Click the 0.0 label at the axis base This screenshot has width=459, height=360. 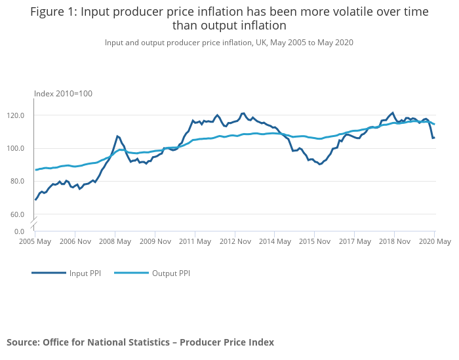pyautogui.click(x=19, y=231)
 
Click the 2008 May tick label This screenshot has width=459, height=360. pyautogui.click(x=115, y=241)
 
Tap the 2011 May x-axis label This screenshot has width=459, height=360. pyautogui.click(x=195, y=241)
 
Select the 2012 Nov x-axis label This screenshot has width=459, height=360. pyautogui.click(x=235, y=241)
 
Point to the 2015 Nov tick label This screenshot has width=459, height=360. pyautogui.click(x=314, y=241)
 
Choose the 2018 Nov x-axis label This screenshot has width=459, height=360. pyautogui.click(x=393, y=241)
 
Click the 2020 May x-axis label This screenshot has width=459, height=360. pyautogui.click(x=435, y=241)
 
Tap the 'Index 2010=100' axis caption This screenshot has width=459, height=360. pyautogui.click(x=63, y=94)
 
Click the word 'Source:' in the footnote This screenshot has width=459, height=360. pyautogui.click(x=24, y=342)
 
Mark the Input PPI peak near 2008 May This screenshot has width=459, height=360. pyautogui.click(x=117, y=136)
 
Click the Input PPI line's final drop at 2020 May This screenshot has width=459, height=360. pyautogui.click(x=433, y=138)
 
